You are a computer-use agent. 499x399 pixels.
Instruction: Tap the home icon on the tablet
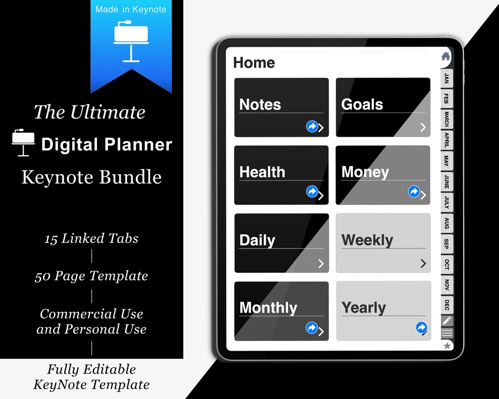(x=445, y=56)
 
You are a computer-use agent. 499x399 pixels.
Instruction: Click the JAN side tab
(x=446, y=78)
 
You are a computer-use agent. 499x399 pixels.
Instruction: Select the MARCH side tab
(x=446, y=119)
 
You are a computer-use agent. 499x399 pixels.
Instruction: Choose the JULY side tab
(x=446, y=202)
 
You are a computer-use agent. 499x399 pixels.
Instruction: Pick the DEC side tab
(x=446, y=305)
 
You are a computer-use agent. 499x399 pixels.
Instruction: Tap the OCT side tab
(x=446, y=264)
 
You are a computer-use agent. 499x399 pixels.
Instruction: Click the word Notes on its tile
(x=260, y=104)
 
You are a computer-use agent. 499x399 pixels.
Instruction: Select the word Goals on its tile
(x=362, y=104)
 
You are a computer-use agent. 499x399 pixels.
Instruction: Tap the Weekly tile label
(x=367, y=240)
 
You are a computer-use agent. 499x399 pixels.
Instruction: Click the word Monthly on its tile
(x=268, y=308)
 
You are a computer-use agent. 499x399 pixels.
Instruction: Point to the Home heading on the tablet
(x=254, y=63)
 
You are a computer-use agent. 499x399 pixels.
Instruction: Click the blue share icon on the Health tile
(x=312, y=191)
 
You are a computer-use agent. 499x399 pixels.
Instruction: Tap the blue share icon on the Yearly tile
(x=421, y=327)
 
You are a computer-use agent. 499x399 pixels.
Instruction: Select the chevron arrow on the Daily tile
(x=321, y=264)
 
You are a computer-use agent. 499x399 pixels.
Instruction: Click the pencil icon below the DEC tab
(x=446, y=320)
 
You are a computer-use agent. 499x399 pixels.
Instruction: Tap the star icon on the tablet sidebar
(x=447, y=345)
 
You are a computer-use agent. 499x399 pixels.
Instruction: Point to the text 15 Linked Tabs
(x=91, y=238)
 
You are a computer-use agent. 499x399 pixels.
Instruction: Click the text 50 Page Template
(x=91, y=276)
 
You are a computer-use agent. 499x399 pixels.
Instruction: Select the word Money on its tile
(x=365, y=172)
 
